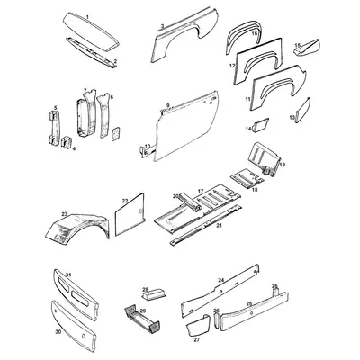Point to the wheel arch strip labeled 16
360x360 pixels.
pos(244,44)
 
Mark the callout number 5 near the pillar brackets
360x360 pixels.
pos(54,108)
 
